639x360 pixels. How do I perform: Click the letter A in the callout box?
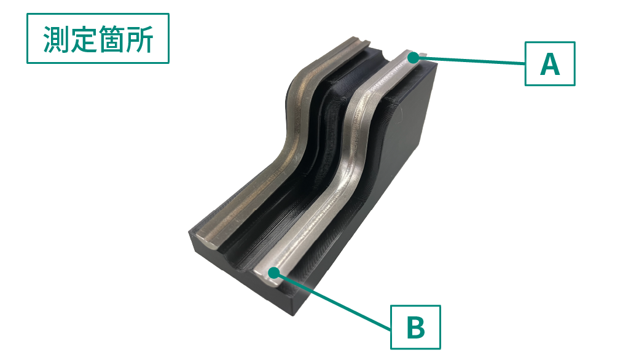click(550, 65)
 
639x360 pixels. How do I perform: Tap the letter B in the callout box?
click(416, 328)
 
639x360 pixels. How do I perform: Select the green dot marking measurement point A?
click(414, 58)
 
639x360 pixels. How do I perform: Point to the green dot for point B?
click(275, 272)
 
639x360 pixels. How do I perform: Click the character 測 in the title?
click(56, 39)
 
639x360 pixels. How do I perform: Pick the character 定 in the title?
click(84, 39)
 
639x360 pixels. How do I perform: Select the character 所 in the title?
click(139, 39)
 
